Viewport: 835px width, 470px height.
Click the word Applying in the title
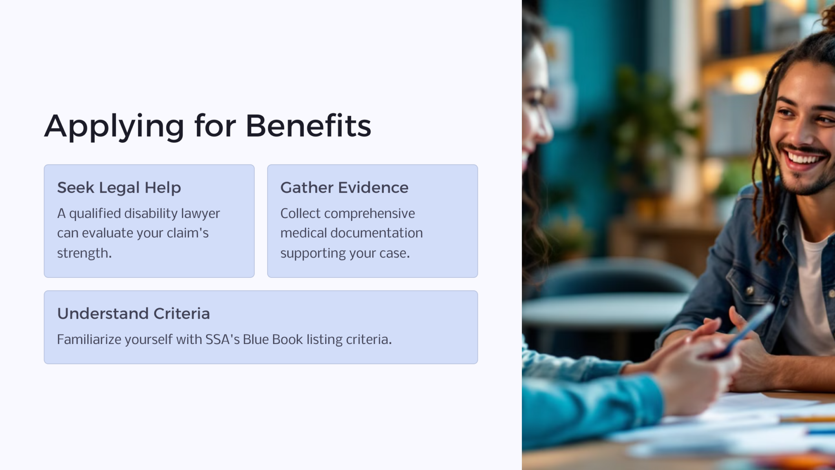[114, 127]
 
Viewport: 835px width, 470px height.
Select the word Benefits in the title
[308, 125]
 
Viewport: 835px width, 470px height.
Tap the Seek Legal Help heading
[119, 188]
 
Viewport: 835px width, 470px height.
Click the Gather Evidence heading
[344, 188]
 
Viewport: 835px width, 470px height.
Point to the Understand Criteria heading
[133, 313]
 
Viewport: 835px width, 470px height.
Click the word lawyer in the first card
[200, 214]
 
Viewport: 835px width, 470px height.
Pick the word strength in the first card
[84, 253]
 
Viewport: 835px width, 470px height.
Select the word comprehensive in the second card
[369, 214]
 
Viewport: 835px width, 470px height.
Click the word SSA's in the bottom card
[222, 339]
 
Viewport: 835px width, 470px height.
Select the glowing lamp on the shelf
[747, 80]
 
